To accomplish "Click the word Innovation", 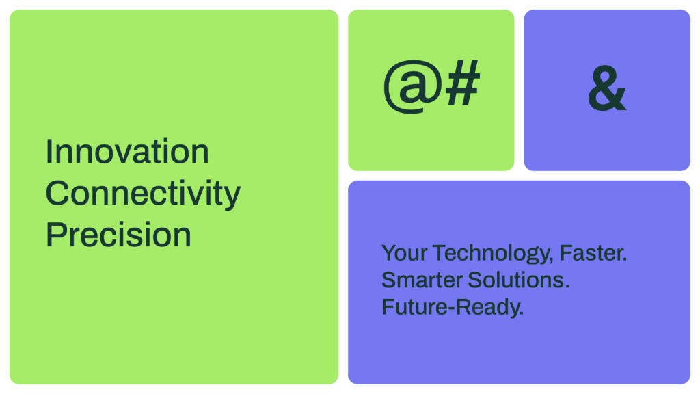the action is tap(127, 152).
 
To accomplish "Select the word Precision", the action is tap(118, 235).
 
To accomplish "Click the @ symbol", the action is tap(413, 86).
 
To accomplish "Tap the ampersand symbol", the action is tap(607, 88).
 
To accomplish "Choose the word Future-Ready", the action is tap(453, 308).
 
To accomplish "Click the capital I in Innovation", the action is tap(49, 152).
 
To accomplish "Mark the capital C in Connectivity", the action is tap(57, 193).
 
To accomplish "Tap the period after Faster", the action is tap(625, 259).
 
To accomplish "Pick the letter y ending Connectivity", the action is tap(233, 198).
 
